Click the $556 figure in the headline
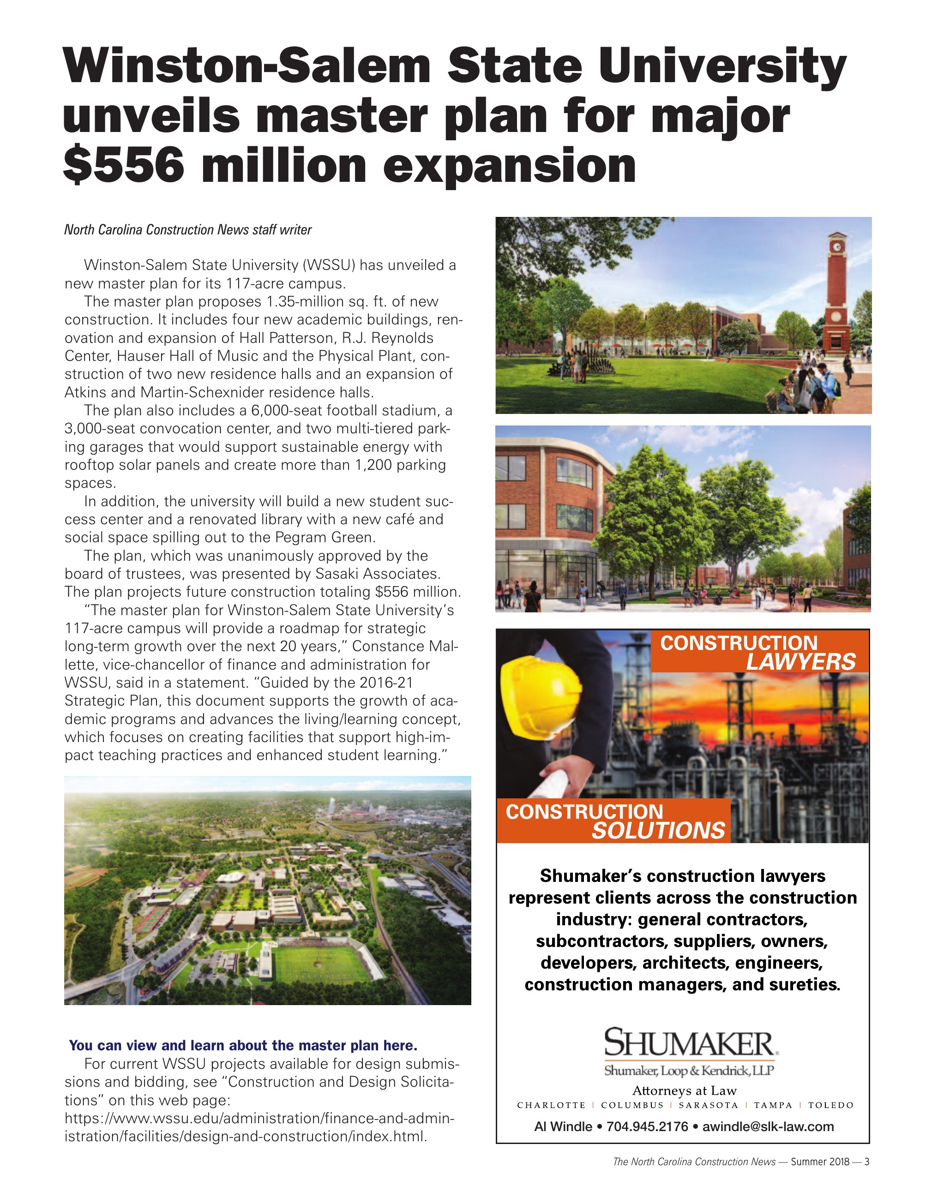pos(123,166)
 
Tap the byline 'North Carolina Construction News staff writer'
pos(187,230)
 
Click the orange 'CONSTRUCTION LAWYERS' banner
pos(759,652)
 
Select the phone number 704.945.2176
pos(647,1126)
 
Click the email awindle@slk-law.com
pos(768,1126)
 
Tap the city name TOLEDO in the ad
pos(830,1105)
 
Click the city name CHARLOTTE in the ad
pos(551,1105)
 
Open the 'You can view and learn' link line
pos(243,1046)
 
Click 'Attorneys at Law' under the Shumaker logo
pos(684,1090)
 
